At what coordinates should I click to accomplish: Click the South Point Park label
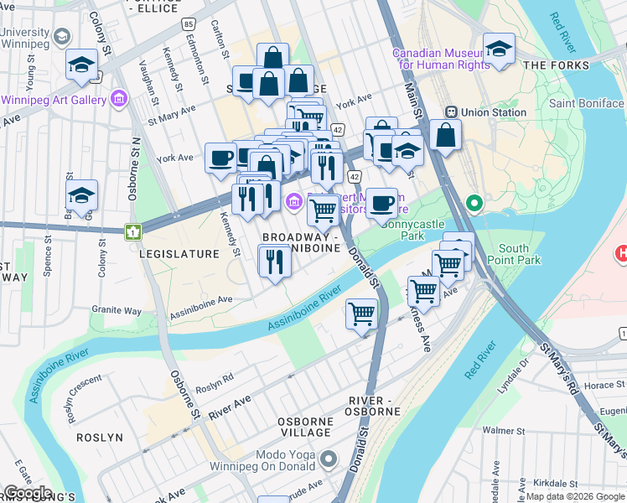click(525, 255)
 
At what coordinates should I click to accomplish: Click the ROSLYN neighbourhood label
click(100, 438)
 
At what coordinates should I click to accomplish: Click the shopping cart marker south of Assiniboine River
click(362, 314)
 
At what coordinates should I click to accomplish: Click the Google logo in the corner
click(28, 493)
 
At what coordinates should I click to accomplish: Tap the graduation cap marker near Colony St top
click(82, 65)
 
